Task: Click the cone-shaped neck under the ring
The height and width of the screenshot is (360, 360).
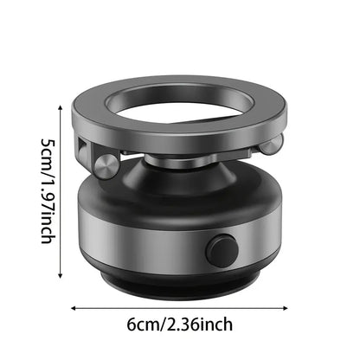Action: [x=182, y=172]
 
